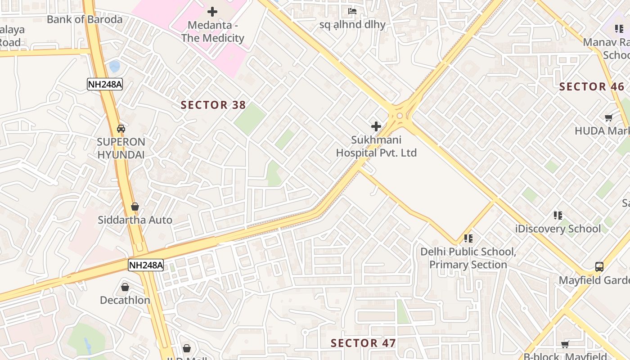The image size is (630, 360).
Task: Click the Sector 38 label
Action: pos(213,105)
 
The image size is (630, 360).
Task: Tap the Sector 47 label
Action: pos(363,343)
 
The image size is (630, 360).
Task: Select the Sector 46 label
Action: pos(591,87)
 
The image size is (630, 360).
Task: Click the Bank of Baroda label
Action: pos(85,19)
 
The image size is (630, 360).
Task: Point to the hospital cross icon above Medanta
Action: pos(212,12)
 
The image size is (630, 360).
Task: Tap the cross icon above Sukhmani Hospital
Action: pos(376,126)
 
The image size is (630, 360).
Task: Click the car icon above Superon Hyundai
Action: pos(121,129)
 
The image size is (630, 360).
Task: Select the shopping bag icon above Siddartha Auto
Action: pos(135,207)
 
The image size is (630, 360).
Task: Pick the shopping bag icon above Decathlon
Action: pos(125,287)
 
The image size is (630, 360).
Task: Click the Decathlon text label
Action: pos(125,300)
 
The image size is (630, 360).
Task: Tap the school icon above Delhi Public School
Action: pos(468,238)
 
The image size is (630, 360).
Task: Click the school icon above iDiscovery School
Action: pos(558,216)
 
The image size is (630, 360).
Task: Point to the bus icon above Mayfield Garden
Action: pos(599,267)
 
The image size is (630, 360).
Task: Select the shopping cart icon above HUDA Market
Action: pos(608,118)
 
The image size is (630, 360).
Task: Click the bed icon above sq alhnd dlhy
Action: pos(352,11)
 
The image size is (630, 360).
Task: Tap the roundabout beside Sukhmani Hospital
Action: pos(400,116)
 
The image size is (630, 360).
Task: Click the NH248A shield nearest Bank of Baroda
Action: pos(104,84)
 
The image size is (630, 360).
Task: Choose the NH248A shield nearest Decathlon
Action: pos(145,265)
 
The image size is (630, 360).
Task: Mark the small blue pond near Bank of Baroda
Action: pos(115,67)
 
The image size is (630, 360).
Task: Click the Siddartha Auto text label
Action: pos(135,220)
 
